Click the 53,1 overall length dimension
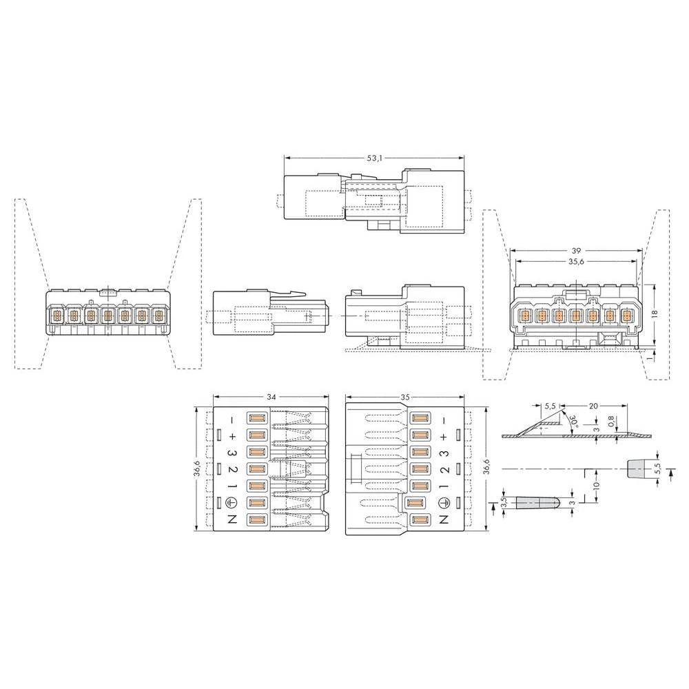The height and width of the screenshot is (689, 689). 374,158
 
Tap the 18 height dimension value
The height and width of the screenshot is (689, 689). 655,312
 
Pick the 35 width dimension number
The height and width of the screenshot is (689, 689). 404,398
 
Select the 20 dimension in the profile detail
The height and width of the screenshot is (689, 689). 593,407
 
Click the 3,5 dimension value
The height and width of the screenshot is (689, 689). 504,503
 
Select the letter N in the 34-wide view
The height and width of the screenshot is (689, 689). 232,521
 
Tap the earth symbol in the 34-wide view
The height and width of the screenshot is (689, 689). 232,504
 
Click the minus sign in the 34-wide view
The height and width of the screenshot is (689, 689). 232,420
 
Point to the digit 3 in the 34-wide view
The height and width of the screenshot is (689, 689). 232,453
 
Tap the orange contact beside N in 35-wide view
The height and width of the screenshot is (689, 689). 418,521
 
